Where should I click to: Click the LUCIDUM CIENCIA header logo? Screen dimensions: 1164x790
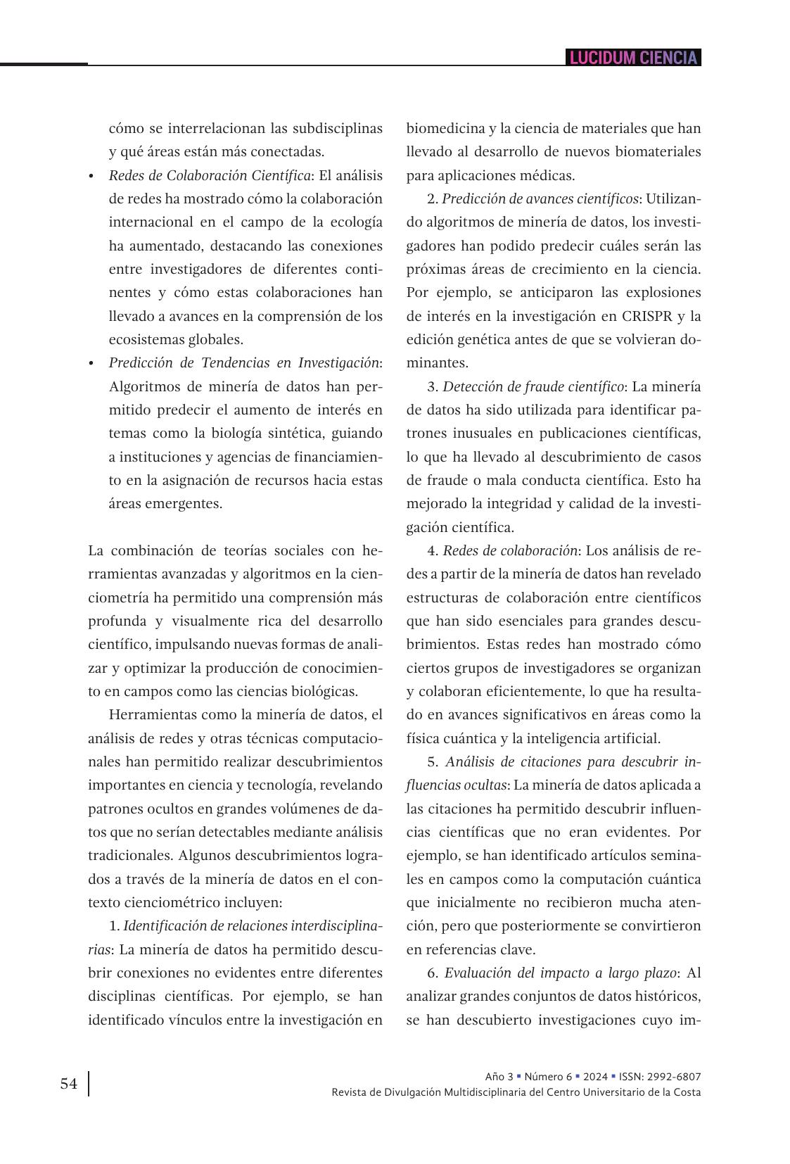click(634, 58)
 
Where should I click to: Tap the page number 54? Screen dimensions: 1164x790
click(69, 1084)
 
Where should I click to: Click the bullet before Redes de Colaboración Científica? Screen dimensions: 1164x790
click(91, 176)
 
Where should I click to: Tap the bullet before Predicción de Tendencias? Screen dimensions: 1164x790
click(91, 363)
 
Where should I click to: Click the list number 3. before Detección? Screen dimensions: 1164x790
click(433, 386)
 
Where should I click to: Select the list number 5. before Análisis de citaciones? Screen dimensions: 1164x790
click(433, 762)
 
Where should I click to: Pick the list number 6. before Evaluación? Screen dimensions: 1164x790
click(433, 973)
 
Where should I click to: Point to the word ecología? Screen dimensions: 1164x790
click(356, 222)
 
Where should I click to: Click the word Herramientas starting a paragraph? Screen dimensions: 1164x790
click(153, 715)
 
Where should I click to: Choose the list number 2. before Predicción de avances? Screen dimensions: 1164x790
click(433, 199)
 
